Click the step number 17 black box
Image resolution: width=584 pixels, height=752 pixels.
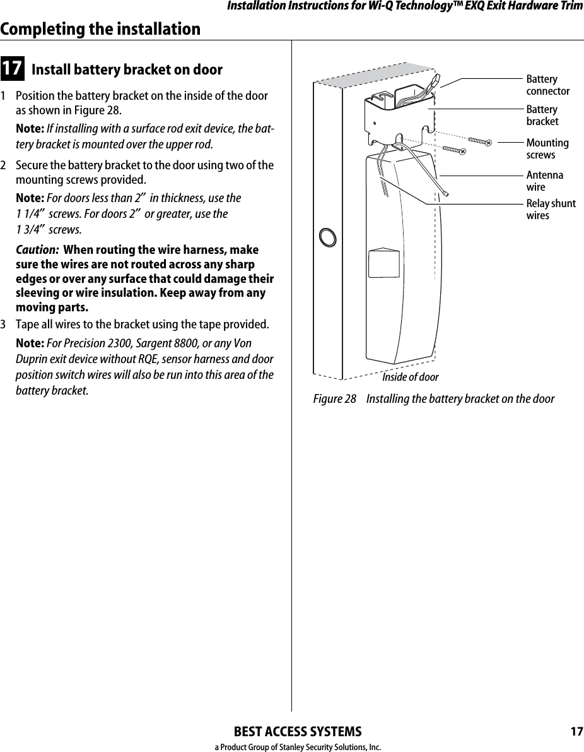[13, 69]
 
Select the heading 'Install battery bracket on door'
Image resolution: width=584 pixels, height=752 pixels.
[127, 69]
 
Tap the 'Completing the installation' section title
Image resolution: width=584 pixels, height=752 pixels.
[101, 29]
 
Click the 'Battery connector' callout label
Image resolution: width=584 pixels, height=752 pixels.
[547, 85]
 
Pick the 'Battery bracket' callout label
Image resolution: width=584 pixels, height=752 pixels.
[542, 116]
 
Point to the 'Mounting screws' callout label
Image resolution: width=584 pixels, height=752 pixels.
[547, 149]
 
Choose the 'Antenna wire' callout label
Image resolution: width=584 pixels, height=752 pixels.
[545, 181]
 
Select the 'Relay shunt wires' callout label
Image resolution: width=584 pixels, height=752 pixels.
[551, 210]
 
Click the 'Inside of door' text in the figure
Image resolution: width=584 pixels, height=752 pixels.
[410, 377]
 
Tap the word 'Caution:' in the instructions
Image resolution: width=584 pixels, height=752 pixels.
[37, 250]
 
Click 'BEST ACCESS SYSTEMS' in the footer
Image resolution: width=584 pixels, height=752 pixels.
[298, 732]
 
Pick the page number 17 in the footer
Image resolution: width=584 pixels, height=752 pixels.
[576, 732]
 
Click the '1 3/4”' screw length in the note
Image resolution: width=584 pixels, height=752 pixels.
[30, 229]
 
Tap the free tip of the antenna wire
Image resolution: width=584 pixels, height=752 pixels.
[447, 194]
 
